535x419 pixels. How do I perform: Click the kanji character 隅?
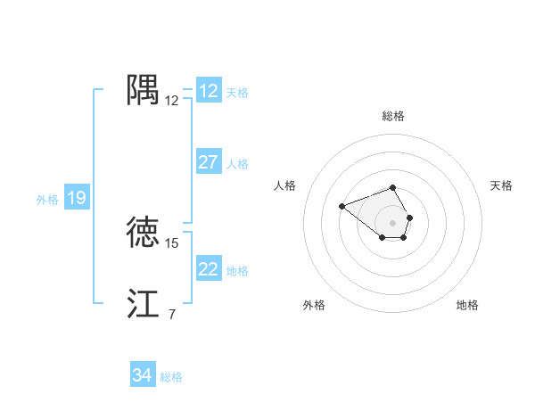click(x=143, y=90)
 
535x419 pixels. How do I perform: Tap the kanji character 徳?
click(x=143, y=232)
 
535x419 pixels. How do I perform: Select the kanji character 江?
click(x=143, y=303)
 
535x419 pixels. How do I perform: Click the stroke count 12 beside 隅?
click(x=172, y=101)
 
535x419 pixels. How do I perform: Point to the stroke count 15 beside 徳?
click(x=172, y=242)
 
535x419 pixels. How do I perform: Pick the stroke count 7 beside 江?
click(x=171, y=314)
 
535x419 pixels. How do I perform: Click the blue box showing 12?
click(x=209, y=91)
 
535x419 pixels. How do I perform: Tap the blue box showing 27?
click(x=209, y=162)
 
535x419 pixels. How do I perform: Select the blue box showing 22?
click(x=209, y=269)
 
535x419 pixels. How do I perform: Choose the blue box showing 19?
click(x=77, y=198)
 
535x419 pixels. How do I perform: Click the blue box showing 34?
click(x=142, y=375)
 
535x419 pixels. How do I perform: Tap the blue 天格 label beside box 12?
click(x=237, y=93)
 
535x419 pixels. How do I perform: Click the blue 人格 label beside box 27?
click(x=237, y=164)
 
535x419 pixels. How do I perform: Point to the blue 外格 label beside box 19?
click(x=47, y=200)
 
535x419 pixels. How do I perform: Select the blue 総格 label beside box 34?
click(x=171, y=377)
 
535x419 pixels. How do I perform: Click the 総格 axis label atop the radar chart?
click(x=393, y=116)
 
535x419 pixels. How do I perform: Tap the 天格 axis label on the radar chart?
click(x=502, y=185)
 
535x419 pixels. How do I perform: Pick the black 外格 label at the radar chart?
click(x=314, y=305)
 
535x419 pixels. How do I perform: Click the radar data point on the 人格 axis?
click(x=342, y=207)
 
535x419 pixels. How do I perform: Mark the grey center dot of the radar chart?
click(x=393, y=222)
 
